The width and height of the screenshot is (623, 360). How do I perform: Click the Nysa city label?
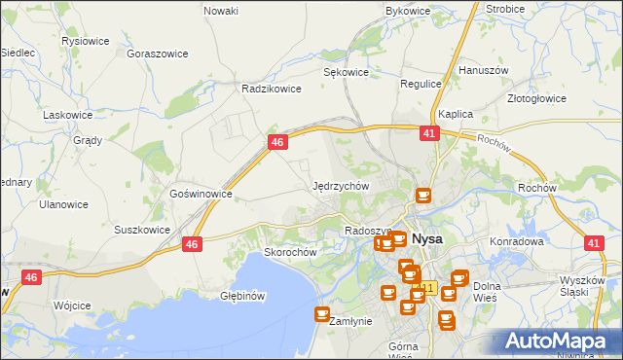427,238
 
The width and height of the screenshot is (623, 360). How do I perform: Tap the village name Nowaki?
221,11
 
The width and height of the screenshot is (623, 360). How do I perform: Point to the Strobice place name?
505,9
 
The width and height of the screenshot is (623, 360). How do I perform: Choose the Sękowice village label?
346,72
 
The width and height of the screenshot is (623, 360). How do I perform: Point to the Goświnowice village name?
201,194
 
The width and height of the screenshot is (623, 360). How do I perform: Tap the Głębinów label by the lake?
242,296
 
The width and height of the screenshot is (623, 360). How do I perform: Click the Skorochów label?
291,252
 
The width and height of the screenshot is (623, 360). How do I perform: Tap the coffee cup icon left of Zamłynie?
322,313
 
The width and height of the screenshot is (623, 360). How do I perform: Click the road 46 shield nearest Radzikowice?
278,142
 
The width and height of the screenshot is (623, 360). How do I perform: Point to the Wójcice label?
72,306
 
